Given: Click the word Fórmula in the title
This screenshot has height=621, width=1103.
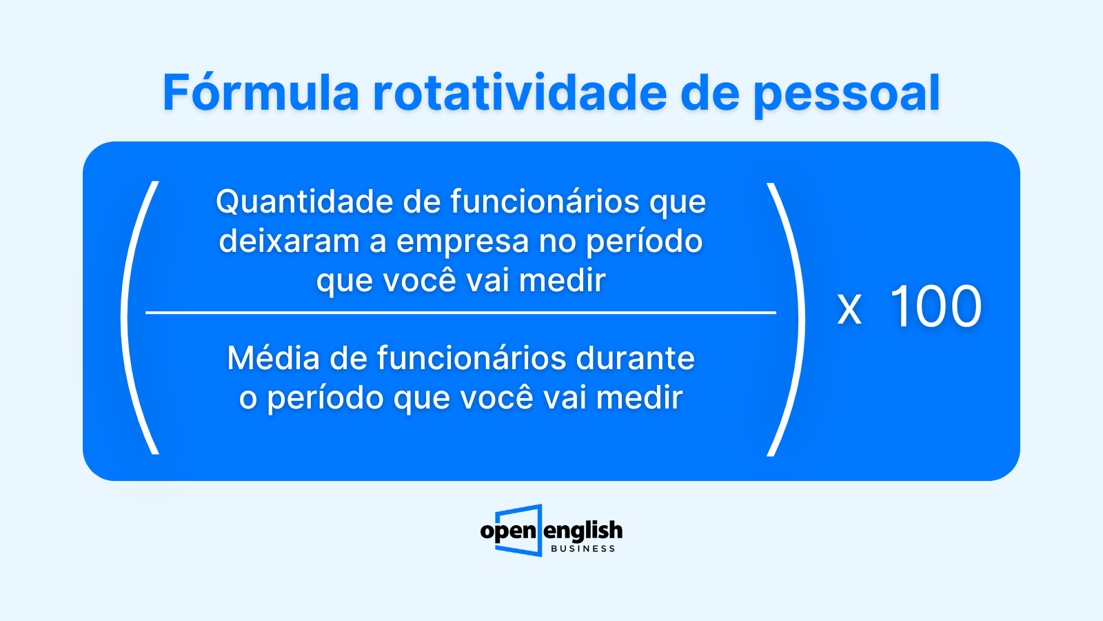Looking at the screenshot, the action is click(x=261, y=92).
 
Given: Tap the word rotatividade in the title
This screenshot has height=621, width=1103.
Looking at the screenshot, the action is click(x=520, y=92).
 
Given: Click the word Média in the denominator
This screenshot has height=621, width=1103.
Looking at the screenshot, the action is click(x=273, y=357).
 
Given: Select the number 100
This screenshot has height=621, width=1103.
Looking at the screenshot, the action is click(x=936, y=306).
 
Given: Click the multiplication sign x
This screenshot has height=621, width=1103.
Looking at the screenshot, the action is click(x=849, y=310).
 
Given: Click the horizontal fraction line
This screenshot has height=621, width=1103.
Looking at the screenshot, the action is click(x=461, y=313).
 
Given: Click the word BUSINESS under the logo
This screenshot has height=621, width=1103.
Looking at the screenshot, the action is click(x=583, y=549).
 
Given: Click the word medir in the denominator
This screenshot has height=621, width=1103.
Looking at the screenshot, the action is click(x=640, y=397).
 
